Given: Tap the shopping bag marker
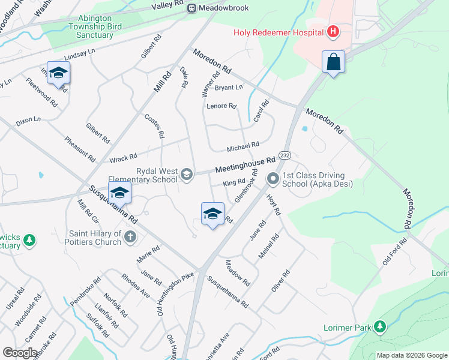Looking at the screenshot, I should [333, 62].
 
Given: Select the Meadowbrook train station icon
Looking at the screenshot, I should [191, 8].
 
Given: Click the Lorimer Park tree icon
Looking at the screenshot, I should [379, 326].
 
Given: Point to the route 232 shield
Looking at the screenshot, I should [285, 155].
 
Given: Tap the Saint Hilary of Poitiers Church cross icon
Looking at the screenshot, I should [129, 237].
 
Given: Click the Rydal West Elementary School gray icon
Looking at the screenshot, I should [187, 175].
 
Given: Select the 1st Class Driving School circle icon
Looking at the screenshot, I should [273, 178].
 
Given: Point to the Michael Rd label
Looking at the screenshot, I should [243, 146].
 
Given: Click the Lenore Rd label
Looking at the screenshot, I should [221, 106].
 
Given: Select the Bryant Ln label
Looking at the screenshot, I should [229, 88].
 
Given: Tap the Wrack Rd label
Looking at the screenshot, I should [124, 158].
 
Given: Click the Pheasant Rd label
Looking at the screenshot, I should [80, 149].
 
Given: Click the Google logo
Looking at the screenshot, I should [20, 353].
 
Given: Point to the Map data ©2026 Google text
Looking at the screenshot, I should [411, 355].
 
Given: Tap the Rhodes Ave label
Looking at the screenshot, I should [135, 285].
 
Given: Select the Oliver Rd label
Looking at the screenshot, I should [280, 281].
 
